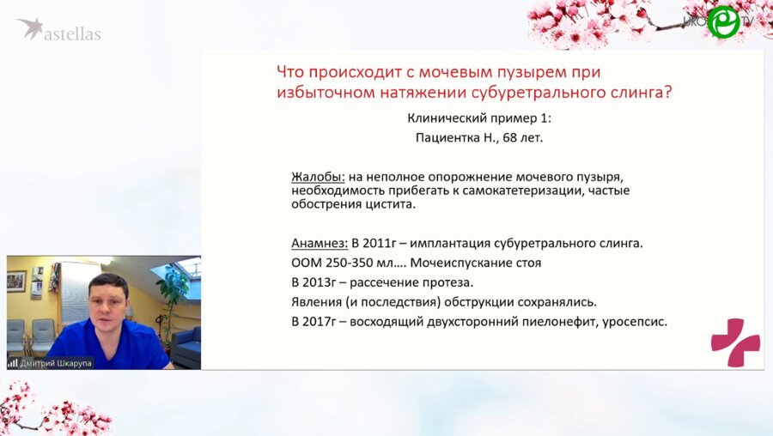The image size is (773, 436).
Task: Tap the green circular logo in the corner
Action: (722, 22)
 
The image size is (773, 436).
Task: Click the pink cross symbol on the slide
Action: (735, 342)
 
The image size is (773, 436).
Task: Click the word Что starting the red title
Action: (292, 71)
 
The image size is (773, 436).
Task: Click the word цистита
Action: (391, 205)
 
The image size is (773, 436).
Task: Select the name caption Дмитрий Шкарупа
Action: (56, 362)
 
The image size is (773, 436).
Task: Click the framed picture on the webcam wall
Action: (16, 281)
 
